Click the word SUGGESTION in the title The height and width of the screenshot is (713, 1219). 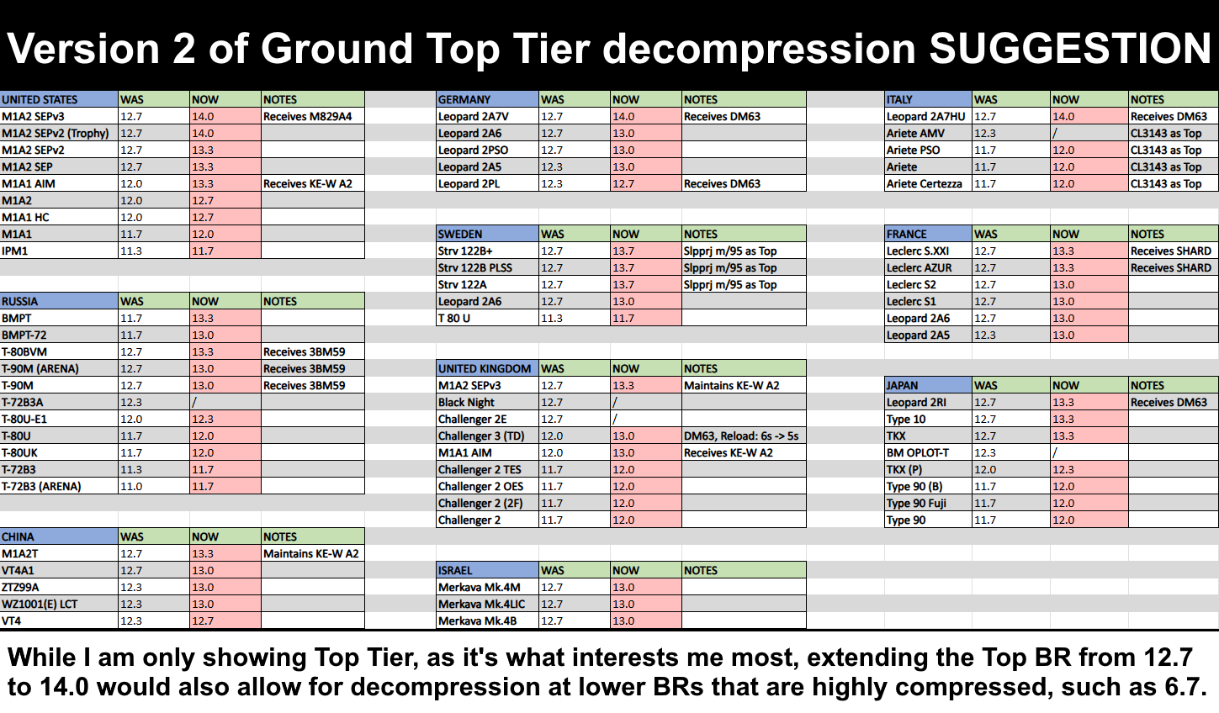tap(1070, 49)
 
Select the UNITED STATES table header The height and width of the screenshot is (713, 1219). tap(40, 99)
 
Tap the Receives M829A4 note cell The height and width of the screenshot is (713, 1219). tap(307, 116)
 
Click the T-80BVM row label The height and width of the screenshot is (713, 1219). tap(24, 352)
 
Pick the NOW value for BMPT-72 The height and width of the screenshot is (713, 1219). tap(203, 335)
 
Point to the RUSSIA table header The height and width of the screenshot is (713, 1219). tap(19, 301)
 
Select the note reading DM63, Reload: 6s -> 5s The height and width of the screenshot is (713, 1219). tap(741, 436)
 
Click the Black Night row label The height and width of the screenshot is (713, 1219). tap(466, 403)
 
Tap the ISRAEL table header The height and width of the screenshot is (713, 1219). tap(455, 571)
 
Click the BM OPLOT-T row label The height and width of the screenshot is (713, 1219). tap(918, 452)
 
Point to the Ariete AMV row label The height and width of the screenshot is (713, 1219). tap(915, 133)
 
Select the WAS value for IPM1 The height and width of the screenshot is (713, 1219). tap(131, 251)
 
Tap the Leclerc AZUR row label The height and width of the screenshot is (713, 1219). tap(920, 267)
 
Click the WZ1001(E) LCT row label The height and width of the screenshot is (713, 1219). tap(40, 605)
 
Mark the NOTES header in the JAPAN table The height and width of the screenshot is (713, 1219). tap(1147, 386)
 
